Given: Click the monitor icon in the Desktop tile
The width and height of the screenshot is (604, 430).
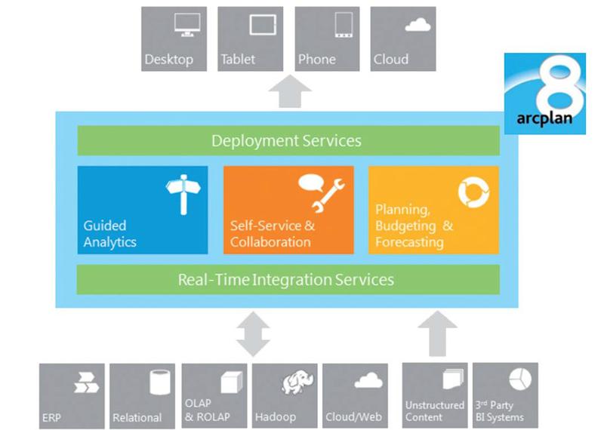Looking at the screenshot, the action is pyautogui.click(x=187, y=25).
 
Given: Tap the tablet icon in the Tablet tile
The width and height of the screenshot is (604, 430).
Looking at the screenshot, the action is pyautogui.click(x=263, y=25).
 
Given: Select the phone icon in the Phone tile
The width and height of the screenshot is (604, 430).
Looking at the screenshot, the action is pyautogui.click(x=344, y=25).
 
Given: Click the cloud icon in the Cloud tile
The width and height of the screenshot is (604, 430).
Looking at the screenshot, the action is pyautogui.click(x=418, y=25).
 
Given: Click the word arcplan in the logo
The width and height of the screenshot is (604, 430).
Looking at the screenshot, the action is pyautogui.click(x=544, y=118).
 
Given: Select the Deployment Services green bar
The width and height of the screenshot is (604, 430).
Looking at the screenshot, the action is pyautogui.click(x=288, y=140).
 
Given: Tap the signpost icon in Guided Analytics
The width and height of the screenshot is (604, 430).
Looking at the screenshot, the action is pyautogui.click(x=183, y=194).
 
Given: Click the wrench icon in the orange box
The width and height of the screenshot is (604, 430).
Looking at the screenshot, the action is pyautogui.click(x=328, y=196).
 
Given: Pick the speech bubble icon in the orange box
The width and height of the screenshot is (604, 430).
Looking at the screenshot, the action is pyautogui.click(x=310, y=183).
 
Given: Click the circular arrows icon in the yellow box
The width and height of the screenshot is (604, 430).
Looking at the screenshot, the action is pyautogui.click(x=474, y=192).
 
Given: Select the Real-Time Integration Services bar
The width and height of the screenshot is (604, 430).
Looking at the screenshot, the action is pyautogui.click(x=288, y=279).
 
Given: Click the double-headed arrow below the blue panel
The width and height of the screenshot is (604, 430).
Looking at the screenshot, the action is pyautogui.click(x=253, y=333).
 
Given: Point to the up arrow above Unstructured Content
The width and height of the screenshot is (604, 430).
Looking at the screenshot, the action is pyautogui.click(x=437, y=333).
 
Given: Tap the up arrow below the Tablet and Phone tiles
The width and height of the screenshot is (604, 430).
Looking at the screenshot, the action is pyautogui.click(x=290, y=91).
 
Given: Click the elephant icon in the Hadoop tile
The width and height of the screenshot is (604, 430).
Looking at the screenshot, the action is pyautogui.click(x=297, y=382).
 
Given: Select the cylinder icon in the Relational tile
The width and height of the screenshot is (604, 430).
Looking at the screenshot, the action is pyautogui.click(x=160, y=382).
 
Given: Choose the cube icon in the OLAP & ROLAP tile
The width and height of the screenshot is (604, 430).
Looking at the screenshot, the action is pyautogui.click(x=232, y=382).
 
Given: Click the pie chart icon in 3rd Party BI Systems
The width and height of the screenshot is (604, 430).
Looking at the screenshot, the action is pyautogui.click(x=520, y=379).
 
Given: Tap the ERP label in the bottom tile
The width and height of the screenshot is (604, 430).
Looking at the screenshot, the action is pyautogui.click(x=51, y=417).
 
